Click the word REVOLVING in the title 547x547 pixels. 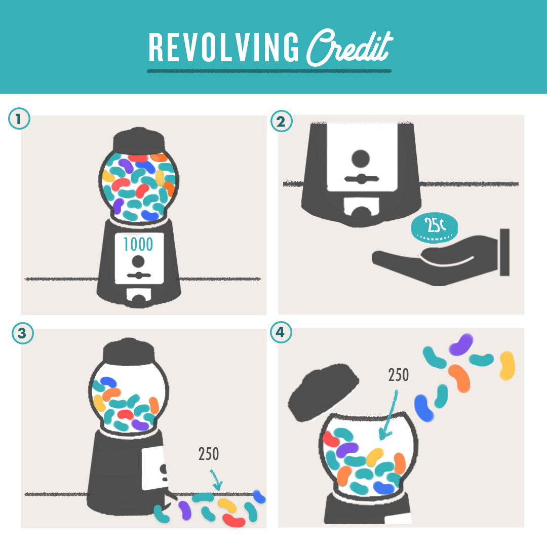click(224, 48)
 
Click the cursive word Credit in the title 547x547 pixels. click(350, 48)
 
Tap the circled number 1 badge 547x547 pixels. click(19, 119)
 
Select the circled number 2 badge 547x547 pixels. click(281, 121)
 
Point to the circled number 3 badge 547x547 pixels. click(23, 333)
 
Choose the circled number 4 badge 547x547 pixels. click(281, 332)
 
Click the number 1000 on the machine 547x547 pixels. click(138, 244)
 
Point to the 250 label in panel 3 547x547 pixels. click(209, 454)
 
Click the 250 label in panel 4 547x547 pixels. click(399, 375)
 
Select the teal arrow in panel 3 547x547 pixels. click(216, 480)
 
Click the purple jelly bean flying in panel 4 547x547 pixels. click(461, 344)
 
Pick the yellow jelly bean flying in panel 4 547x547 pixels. click(507, 366)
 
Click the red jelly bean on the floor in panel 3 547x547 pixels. click(233, 520)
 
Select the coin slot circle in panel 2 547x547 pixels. click(361, 159)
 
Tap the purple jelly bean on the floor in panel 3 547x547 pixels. click(185, 511)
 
